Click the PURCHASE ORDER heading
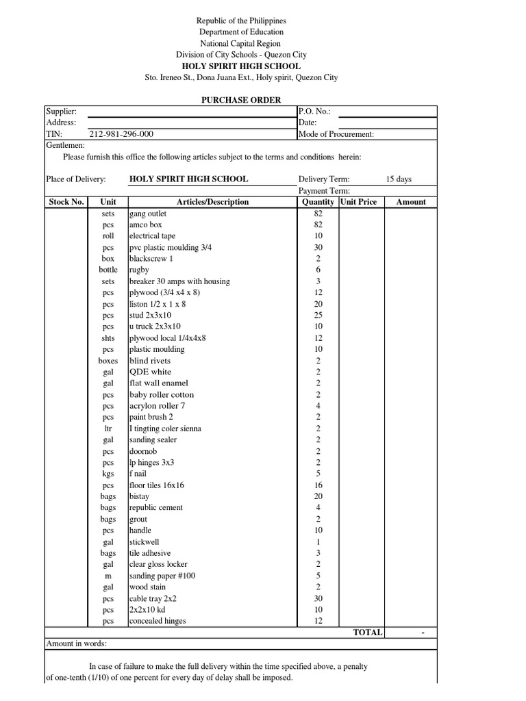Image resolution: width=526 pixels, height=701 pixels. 240,100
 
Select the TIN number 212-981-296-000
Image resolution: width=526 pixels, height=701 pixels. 121,134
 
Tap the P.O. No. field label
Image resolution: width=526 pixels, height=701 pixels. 314,112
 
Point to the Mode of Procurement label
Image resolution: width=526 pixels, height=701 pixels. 336,134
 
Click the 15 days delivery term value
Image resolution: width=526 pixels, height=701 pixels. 399,179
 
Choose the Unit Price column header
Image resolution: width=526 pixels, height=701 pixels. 358,202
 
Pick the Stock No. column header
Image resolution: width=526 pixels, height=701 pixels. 66,202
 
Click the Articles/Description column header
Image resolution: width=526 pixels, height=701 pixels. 212,202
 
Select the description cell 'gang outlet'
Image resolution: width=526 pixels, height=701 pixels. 148,214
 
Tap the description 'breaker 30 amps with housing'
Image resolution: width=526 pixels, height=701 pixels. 179,281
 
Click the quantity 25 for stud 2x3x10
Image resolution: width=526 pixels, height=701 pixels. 318,315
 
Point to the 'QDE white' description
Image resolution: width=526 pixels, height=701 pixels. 151,372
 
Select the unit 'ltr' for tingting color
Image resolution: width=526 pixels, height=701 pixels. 108,429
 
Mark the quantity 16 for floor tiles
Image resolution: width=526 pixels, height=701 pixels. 318,485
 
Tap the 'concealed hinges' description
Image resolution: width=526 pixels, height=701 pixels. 158,621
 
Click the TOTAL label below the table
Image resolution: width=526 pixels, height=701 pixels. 368,633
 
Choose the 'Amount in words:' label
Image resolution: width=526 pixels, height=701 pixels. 77,643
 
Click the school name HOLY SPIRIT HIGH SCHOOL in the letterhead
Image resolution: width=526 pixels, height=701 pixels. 240,66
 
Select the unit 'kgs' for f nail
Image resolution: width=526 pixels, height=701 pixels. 108,474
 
